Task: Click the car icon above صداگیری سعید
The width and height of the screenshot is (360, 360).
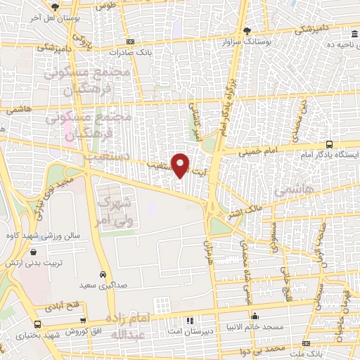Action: [x=103, y=274]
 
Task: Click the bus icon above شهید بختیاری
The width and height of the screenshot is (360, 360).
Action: [x=37, y=324]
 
